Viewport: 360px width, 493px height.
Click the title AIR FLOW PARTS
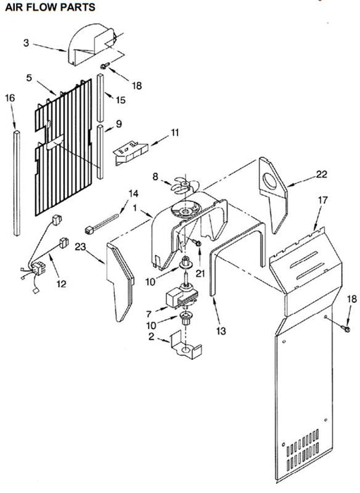[x=50, y=6]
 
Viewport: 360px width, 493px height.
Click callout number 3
[x=26, y=43]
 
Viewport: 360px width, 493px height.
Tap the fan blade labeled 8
[x=185, y=185]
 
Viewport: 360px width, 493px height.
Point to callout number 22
[x=321, y=174]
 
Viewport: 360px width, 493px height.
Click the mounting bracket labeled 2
[x=185, y=346]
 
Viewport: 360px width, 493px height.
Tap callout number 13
[x=221, y=331]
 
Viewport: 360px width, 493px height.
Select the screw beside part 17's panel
[x=345, y=329]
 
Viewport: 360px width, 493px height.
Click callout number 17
[x=323, y=200]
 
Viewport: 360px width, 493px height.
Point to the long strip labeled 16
[x=17, y=183]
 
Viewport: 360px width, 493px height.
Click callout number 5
[x=30, y=77]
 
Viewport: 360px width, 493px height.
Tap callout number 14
[x=133, y=194]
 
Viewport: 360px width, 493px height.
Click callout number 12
[x=61, y=284]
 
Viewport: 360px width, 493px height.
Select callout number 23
[x=80, y=246]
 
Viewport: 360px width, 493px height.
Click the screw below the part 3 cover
[x=105, y=65]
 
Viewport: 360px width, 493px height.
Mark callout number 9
[x=118, y=124]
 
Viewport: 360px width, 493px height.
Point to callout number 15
[x=120, y=100]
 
